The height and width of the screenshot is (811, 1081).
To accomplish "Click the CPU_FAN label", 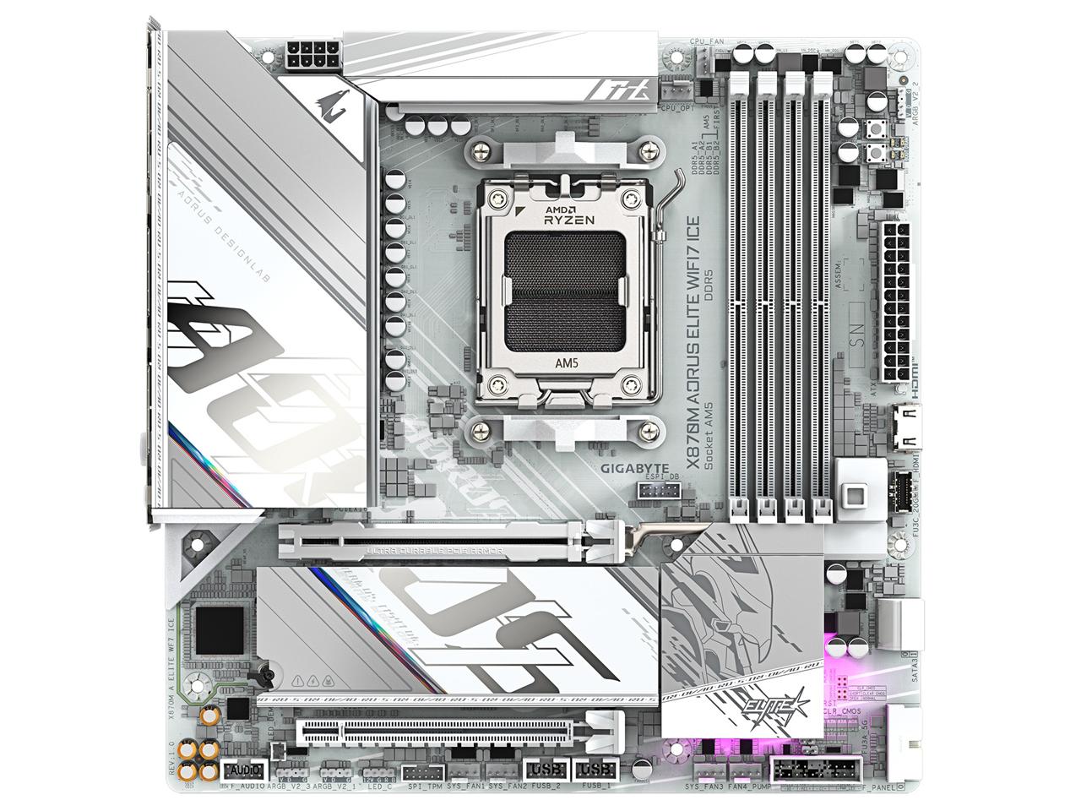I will tap(707, 40).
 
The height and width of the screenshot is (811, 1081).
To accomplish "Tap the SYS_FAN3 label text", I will tap(703, 788).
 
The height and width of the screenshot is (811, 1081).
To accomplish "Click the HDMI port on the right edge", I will tap(908, 422).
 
